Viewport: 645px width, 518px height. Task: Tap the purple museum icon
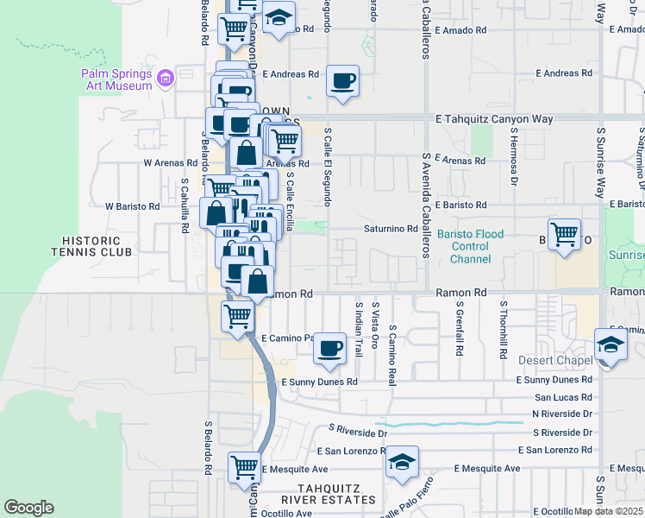pos(166,79)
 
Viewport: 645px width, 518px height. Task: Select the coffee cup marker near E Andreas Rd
pos(342,82)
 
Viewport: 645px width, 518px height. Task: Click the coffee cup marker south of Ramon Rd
pos(329,349)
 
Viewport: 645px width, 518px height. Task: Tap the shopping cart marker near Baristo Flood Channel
pos(564,234)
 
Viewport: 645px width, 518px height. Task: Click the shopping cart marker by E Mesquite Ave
pos(244,468)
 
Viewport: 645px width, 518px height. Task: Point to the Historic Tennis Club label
pos(96,245)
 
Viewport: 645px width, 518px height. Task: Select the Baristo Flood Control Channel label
pos(463,246)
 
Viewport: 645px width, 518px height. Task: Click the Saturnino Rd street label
pos(391,229)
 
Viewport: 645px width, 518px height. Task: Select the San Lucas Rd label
pos(563,397)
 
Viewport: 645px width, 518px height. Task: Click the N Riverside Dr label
pos(562,414)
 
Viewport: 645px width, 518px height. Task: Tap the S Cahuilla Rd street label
pos(185,207)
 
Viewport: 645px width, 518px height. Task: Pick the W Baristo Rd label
pos(132,206)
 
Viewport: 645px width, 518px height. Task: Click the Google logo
pos(28,508)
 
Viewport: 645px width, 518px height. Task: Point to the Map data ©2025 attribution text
pos(609,511)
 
